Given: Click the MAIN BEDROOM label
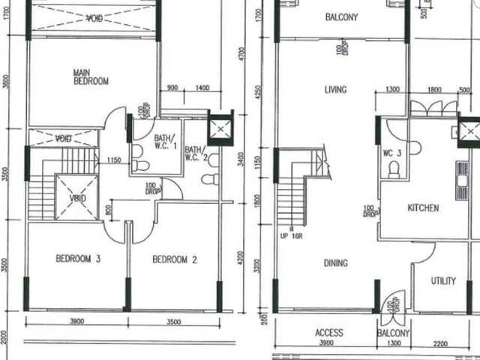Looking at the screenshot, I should pyautogui.click(x=91, y=76).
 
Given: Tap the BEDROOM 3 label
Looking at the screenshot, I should pyautogui.click(x=78, y=259).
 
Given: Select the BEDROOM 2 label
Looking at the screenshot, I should pyautogui.click(x=174, y=259).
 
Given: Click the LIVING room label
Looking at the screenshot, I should pyautogui.click(x=335, y=90).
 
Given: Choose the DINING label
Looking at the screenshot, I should pyautogui.click(x=335, y=263).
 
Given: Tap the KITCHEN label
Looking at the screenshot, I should pyautogui.click(x=423, y=208).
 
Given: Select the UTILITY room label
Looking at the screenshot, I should pyautogui.click(x=443, y=281).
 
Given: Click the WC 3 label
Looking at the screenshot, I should pyautogui.click(x=392, y=154).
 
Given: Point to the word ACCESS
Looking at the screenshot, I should pyautogui.click(x=328, y=333).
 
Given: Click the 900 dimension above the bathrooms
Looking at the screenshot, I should pyautogui.click(x=172, y=88).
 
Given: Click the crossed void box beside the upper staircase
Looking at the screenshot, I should pyautogui.click(x=77, y=197).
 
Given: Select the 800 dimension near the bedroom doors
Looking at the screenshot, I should pyautogui.click(x=109, y=211).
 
